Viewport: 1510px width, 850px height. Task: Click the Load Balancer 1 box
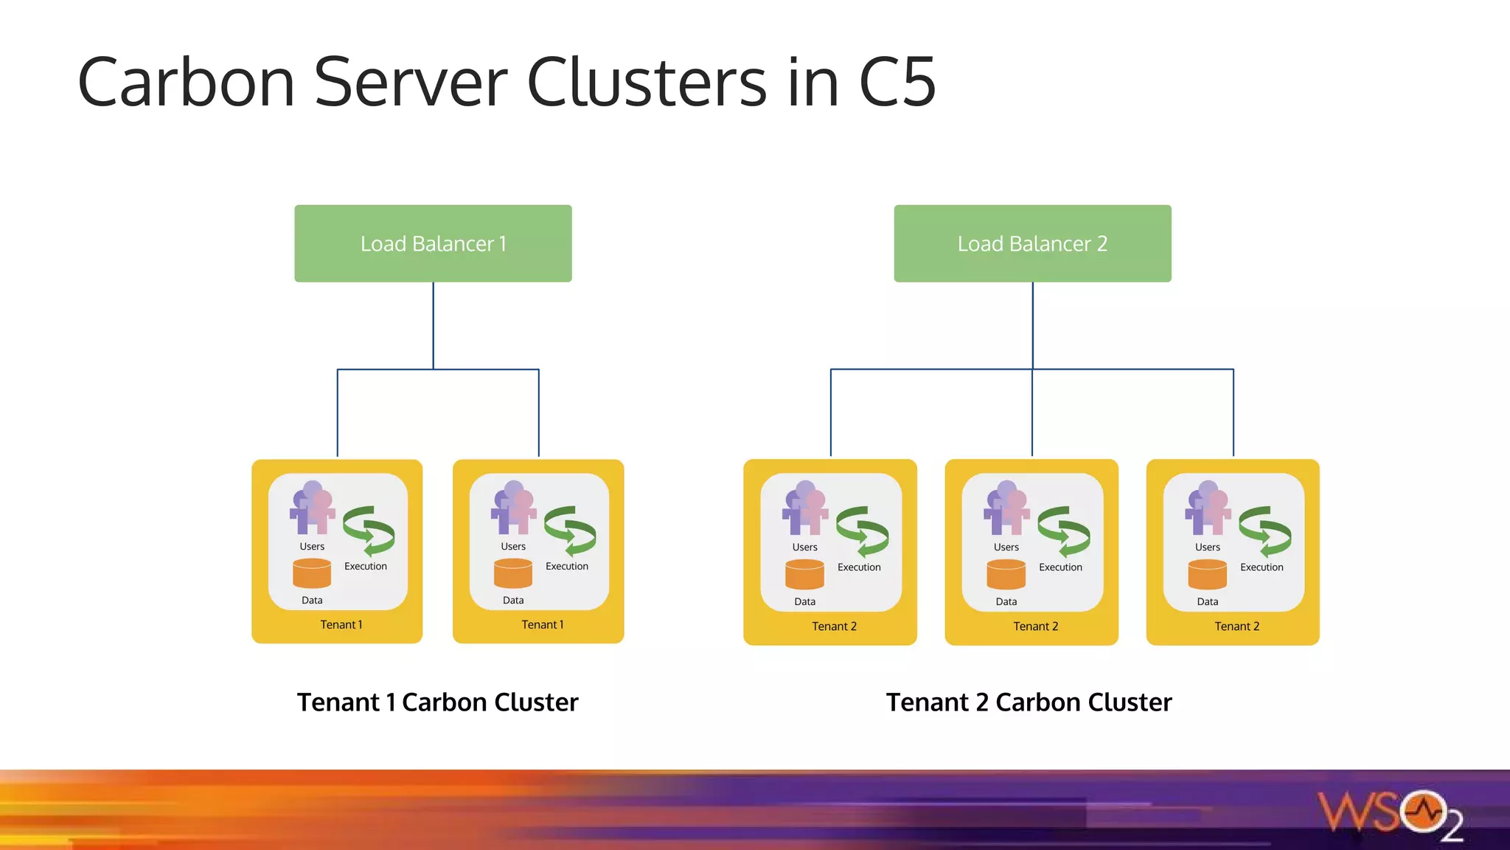[x=433, y=243]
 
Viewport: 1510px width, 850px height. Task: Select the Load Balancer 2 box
[x=1032, y=243]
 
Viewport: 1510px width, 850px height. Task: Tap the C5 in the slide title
[x=897, y=83]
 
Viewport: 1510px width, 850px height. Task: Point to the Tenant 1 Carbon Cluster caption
[x=437, y=702]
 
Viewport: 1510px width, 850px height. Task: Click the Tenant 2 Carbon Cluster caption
[x=1029, y=702]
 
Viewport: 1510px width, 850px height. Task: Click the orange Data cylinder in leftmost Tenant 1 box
[x=312, y=573]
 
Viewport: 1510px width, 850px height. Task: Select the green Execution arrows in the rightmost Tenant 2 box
[x=1264, y=531]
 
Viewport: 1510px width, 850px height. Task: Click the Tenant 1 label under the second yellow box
[x=542, y=625]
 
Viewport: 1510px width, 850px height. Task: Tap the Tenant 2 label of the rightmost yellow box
[x=1236, y=626]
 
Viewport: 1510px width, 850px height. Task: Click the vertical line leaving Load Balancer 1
[x=434, y=325]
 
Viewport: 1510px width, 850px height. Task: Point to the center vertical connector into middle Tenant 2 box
[x=1032, y=413]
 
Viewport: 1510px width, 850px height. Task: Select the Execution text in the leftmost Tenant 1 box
[x=365, y=567]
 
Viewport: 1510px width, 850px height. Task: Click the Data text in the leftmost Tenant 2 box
[x=804, y=602]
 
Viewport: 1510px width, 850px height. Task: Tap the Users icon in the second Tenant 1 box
[x=513, y=508]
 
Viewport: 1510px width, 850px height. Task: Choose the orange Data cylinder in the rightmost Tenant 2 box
[x=1207, y=574]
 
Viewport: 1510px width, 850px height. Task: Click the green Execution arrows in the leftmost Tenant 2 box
[x=862, y=531]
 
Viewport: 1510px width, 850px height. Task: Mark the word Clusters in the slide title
[x=647, y=83]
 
